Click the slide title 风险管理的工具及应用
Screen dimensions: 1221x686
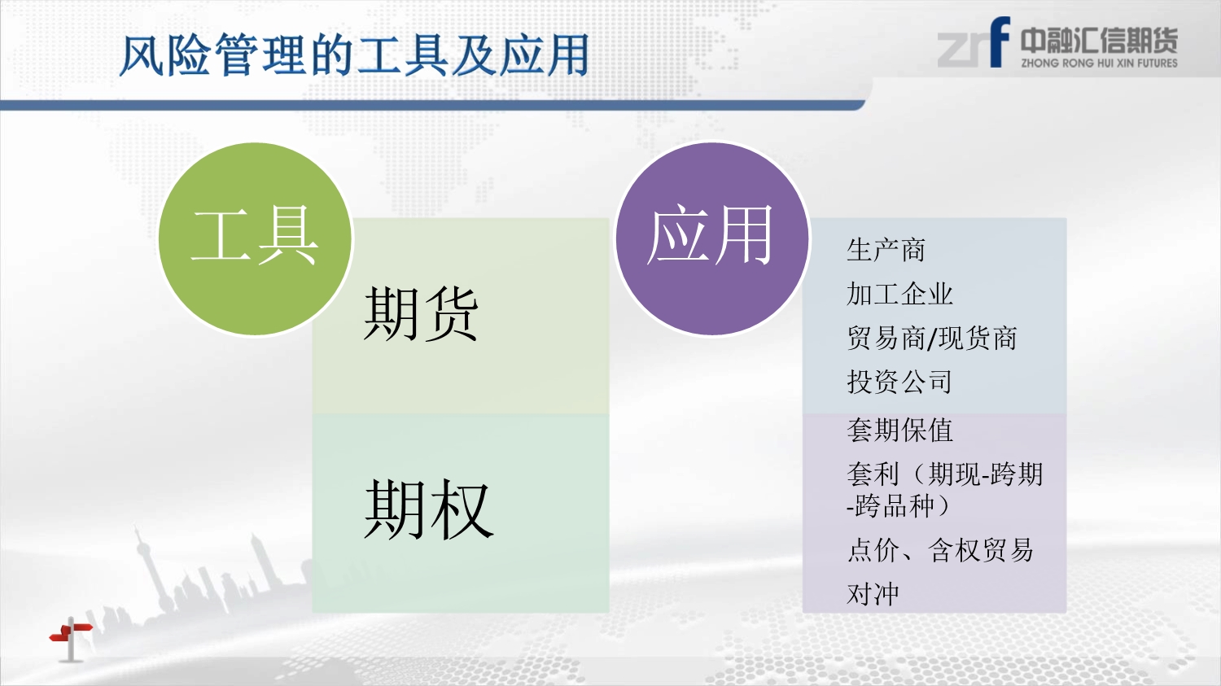(354, 55)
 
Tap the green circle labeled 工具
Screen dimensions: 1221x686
(255, 238)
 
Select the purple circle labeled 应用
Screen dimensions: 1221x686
(712, 238)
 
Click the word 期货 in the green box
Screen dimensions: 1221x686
(420, 314)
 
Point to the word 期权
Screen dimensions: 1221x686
(428, 509)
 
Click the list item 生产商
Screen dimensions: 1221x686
(886, 250)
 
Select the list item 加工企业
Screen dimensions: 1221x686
(899, 295)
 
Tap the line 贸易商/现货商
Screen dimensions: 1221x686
(931, 339)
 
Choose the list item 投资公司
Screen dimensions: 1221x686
(899, 382)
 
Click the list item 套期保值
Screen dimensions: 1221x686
(899, 430)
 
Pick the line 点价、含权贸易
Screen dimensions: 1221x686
(939, 550)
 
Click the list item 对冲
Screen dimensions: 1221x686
(873, 594)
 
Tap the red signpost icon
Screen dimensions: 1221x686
(72, 639)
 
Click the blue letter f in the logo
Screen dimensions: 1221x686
(999, 42)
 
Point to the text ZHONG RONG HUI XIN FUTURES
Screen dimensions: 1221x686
(1099, 63)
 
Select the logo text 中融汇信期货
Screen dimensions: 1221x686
(1099, 41)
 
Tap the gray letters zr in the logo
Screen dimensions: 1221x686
(963, 50)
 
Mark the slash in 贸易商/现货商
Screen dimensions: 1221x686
(932, 339)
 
